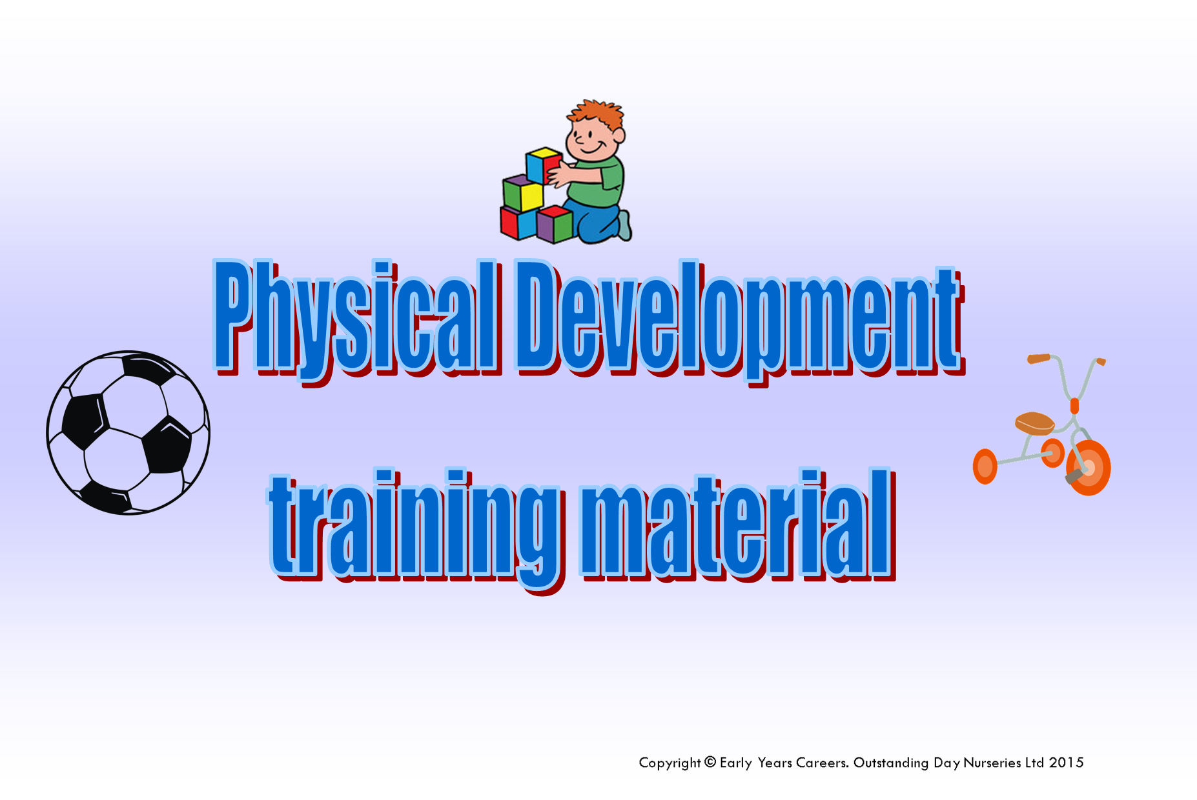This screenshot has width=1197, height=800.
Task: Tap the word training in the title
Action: (x=413, y=526)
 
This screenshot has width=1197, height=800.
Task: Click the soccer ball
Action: (x=128, y=433)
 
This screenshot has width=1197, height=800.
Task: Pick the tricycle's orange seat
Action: (x=1034, y=423)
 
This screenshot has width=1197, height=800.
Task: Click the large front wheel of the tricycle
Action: (x=1089, y=468)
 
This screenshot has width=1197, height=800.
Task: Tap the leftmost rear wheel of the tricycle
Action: (x=985, y=466)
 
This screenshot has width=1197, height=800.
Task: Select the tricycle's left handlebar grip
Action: (x=1039, y=358)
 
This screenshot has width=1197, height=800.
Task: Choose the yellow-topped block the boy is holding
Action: (x=543, y=165)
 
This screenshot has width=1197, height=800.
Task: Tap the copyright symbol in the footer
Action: (x=710, y=763)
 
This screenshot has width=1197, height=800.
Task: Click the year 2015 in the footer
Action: (x=1066, y=763)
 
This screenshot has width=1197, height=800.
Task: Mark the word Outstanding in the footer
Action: (x=891, y=763)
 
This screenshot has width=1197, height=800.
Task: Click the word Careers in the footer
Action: (x=822, y=763)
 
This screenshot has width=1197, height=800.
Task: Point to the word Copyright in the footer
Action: (x=670, y=763)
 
